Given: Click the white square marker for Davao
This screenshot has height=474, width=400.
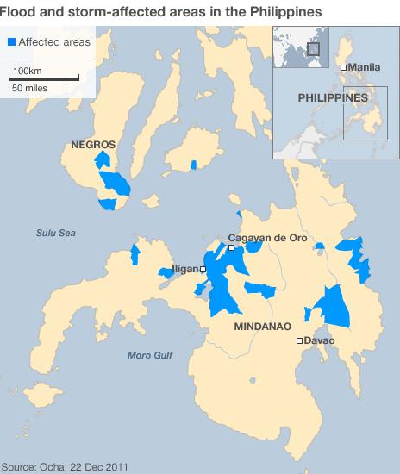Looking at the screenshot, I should coord(299,341).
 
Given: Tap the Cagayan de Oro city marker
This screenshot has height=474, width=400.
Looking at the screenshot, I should coord(231,248).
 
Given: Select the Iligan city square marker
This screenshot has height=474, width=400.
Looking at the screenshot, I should coord(203,269).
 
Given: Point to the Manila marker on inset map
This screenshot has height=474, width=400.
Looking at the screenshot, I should coord(343,67).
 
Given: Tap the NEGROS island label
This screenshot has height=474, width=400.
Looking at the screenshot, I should coord(92,145).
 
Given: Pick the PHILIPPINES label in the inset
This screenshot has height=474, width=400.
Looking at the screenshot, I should coord(333,98).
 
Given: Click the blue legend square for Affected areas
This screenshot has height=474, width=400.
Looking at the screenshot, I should coord(12,41).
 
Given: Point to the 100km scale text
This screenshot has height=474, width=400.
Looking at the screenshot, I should coord(28,70).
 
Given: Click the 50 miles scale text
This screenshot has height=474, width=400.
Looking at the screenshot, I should coord(29,87).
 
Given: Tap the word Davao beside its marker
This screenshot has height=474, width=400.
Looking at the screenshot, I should coord(320,341).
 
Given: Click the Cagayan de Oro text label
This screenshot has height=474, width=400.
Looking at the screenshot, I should coord(267,238).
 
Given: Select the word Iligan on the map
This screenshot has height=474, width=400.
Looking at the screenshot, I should coord(184,270).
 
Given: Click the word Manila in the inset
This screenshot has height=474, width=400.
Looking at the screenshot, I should coord(363,67).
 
